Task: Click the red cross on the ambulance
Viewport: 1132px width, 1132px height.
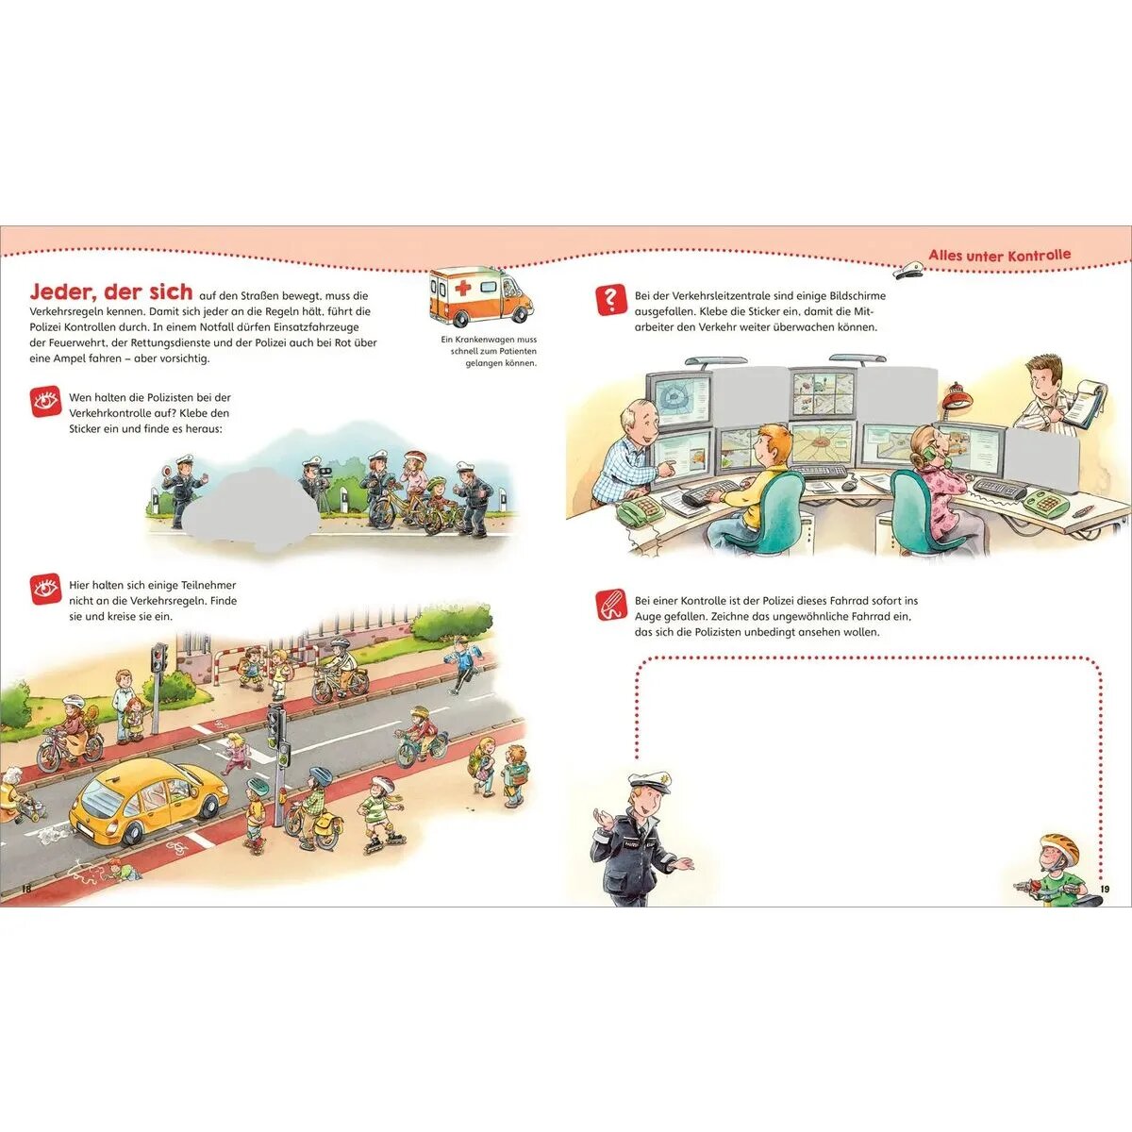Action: pyautogui.click(x=463, y=288)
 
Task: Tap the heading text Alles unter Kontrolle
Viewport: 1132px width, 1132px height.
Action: pyautogui.click(x=999, y=256)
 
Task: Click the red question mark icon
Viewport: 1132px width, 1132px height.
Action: pyautogui.click(x=610, y=300)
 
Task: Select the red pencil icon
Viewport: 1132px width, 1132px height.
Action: pyautogui.click(x=610, y=606)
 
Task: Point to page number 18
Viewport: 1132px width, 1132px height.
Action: pyautogui.click(x=26, y=889)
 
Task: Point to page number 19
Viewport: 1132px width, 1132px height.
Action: pyautogui.click(x=1105, y=889)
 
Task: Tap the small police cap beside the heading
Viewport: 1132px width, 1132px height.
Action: pyautogui.click(x=907, y=270)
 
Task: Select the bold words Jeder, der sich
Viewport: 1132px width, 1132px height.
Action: pyautogui.click(x=111, y=291)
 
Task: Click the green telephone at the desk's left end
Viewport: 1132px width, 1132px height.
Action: pyautogui.click(x=640, y=511)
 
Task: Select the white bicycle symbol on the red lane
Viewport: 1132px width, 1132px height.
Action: pyautogui.click(x=175, y=848)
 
